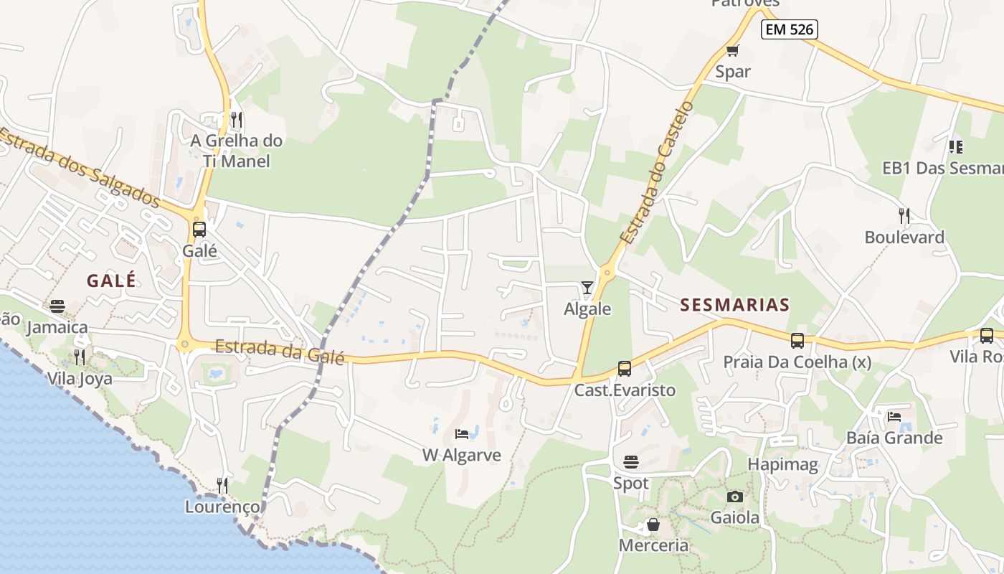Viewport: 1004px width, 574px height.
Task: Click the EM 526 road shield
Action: (x=789, y=29)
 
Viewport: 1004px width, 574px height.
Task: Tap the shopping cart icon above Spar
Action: (x=732, y=50)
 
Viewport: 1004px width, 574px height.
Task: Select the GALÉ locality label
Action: (x=111, y=281)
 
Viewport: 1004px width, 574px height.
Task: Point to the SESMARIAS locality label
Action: (x=734, y=305)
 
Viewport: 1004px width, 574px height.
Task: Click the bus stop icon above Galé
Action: (x=199, y=230)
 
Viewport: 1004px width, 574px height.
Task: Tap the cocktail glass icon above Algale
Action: (x=587, y=288)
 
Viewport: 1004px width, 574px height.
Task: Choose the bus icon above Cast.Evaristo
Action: (x=625, y=369)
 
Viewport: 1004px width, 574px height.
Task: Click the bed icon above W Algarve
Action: (x=463, y=433)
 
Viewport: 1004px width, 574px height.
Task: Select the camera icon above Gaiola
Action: (x=734, y=497)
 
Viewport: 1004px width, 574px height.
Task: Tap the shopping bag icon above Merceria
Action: (x=653, y=524)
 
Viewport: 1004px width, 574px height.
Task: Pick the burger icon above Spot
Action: (x=631, y=461)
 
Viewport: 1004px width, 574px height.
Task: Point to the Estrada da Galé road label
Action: (x=280, y=351)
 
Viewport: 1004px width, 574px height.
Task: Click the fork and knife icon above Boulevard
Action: (x=904, y=215)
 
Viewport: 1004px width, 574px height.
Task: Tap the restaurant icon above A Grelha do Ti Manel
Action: (x=237, y=119)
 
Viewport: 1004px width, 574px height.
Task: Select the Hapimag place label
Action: (x=782, y=464)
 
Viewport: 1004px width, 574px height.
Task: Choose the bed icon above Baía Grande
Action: (x=894, y=416)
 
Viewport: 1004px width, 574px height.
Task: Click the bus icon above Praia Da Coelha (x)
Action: (x=797, y=341)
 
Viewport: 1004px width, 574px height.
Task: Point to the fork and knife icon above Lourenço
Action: (x=222, y=486)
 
